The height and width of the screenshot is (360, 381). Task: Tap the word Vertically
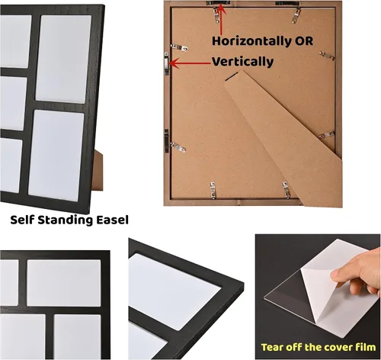pyautogui.click(x=242, y=62)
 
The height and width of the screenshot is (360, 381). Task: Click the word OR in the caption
pyautogui.click(x=304, y=41)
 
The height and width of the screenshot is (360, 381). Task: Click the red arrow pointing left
pyautogui.click(x=190, y=63)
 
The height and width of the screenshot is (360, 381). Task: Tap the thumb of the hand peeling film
pyautogui.click(x=341, y=275)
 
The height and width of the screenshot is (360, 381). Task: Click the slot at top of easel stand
pyautogui.click(x=232, y=76)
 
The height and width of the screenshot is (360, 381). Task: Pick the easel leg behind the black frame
pyautogui.click(x=98, y=170)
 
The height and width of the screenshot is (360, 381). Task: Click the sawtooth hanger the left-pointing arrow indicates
pyautogui.click(x=167, y=63)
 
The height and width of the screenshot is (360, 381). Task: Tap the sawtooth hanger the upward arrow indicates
pyautogui.click(x=218, y=3)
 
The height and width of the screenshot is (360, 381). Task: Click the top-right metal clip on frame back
pyautogui.click(x=296, y=15)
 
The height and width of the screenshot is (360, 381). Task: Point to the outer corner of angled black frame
pyautogui.click(x=243, y=283)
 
